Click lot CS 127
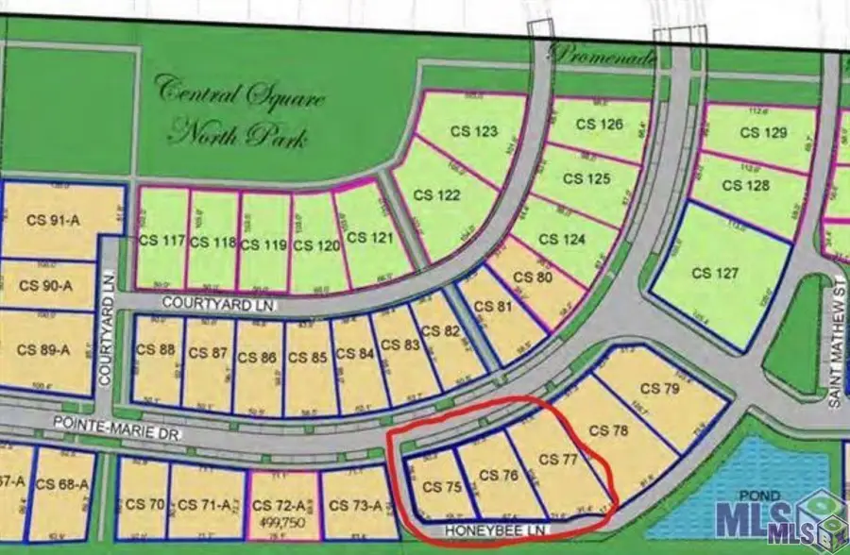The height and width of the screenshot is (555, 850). pos(714,273)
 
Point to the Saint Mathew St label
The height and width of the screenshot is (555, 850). pos(835,349)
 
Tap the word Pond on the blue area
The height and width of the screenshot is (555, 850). pos(739,496)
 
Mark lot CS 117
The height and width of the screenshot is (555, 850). pos(161,241)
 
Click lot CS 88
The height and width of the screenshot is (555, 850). pos(156,348)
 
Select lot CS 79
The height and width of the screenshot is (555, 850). pos(660,388)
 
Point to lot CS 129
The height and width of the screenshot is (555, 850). pos(763,133)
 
